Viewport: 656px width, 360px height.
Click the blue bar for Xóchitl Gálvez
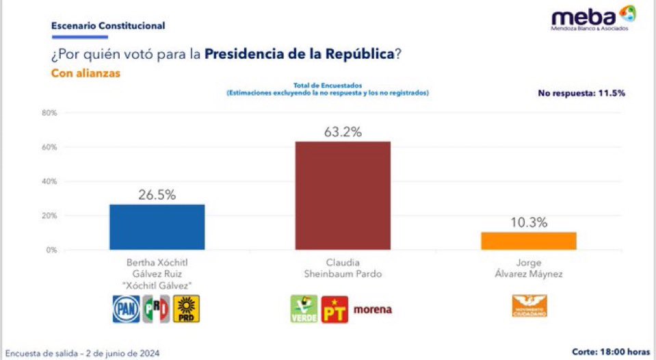(x=157, y=227)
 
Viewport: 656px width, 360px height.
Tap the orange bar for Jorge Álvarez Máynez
(x=528, y=241)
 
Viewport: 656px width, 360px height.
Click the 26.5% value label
(x=157, y=194)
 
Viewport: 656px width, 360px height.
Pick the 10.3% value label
(x=528, y=222)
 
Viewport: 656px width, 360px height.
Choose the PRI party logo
(x=156, y=309)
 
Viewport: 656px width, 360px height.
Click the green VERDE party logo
(x=304, y=309)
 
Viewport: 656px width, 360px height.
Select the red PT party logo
(x=335, y=309)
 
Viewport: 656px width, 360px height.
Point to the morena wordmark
(x=373, y=309)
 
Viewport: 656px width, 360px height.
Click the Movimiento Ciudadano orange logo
(x=529, y=307)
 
